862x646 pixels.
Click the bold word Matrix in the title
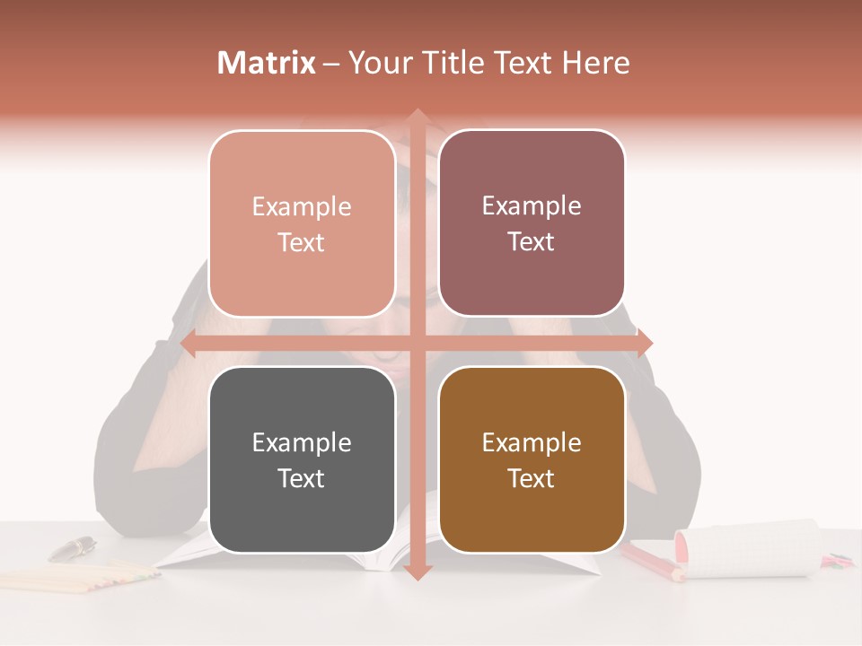coord(267,63)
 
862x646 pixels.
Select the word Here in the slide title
coord(595,63)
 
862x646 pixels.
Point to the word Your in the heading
coord(377,63)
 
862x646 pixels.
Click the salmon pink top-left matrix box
coord(302,223)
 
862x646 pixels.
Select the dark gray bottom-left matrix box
coord(302,459)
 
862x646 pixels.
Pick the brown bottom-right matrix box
coord(532,459)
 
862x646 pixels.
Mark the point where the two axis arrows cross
coord(417,344)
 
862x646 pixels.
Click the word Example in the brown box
coord(532,442)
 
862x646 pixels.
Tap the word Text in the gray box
coord(302,478)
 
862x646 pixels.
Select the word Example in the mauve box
coord(532,205)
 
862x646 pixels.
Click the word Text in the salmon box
coord(302,242)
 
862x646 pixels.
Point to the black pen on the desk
coord(72,547)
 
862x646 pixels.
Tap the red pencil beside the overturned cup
coord(651,561)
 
